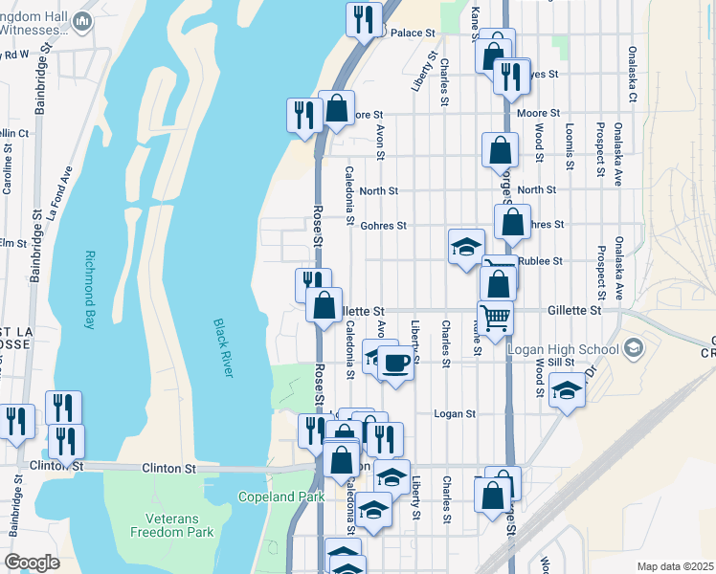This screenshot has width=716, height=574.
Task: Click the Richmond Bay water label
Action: pyautogui.click(x=91, y=290)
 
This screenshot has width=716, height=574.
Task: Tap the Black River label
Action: pyautogui.click(x=223, y=346)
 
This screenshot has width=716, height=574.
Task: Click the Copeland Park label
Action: pyautogui.click(x=282, y=497)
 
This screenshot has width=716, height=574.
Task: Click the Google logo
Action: pyautogui.click(x=32, y=563)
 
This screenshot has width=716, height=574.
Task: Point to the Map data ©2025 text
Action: pyautogui.click(x=676, y=566)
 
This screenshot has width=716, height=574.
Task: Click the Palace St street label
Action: pyautogui.click(x=413, y=33)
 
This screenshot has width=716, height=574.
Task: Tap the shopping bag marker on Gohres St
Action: pyautogui.click(x=513, y=221)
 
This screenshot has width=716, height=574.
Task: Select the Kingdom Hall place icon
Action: pyautogui.click(x=82, y=21)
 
